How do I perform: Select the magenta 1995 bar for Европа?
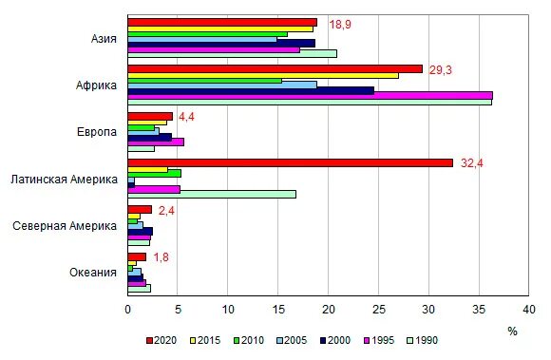tap(156, 142)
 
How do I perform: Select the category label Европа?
tap(97, 132)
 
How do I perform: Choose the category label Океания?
tap(93, 272)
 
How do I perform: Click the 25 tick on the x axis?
tap(378, 309)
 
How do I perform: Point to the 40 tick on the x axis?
tap(528, 309)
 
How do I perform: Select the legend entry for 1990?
tap(425, 340)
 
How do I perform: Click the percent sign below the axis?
tap(512, 331)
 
